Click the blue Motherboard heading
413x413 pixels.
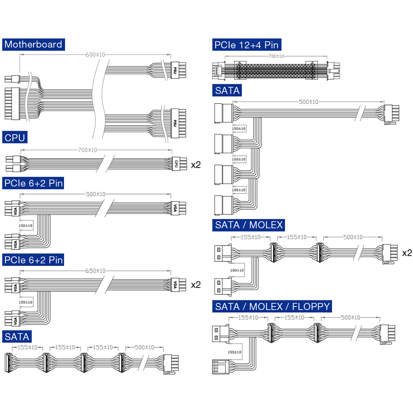coord(33,45)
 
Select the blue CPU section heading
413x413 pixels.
coord(14,138)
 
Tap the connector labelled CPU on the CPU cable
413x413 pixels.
coord(177,163)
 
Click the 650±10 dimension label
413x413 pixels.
coord(95,271)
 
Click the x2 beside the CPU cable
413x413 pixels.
coord(196,165)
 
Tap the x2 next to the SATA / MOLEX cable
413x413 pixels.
coord(407,252)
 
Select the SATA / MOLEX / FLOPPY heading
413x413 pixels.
coord(273,306)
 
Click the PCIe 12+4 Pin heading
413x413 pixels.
coord(247,45)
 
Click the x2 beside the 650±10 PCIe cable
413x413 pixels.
coord(196,285)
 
